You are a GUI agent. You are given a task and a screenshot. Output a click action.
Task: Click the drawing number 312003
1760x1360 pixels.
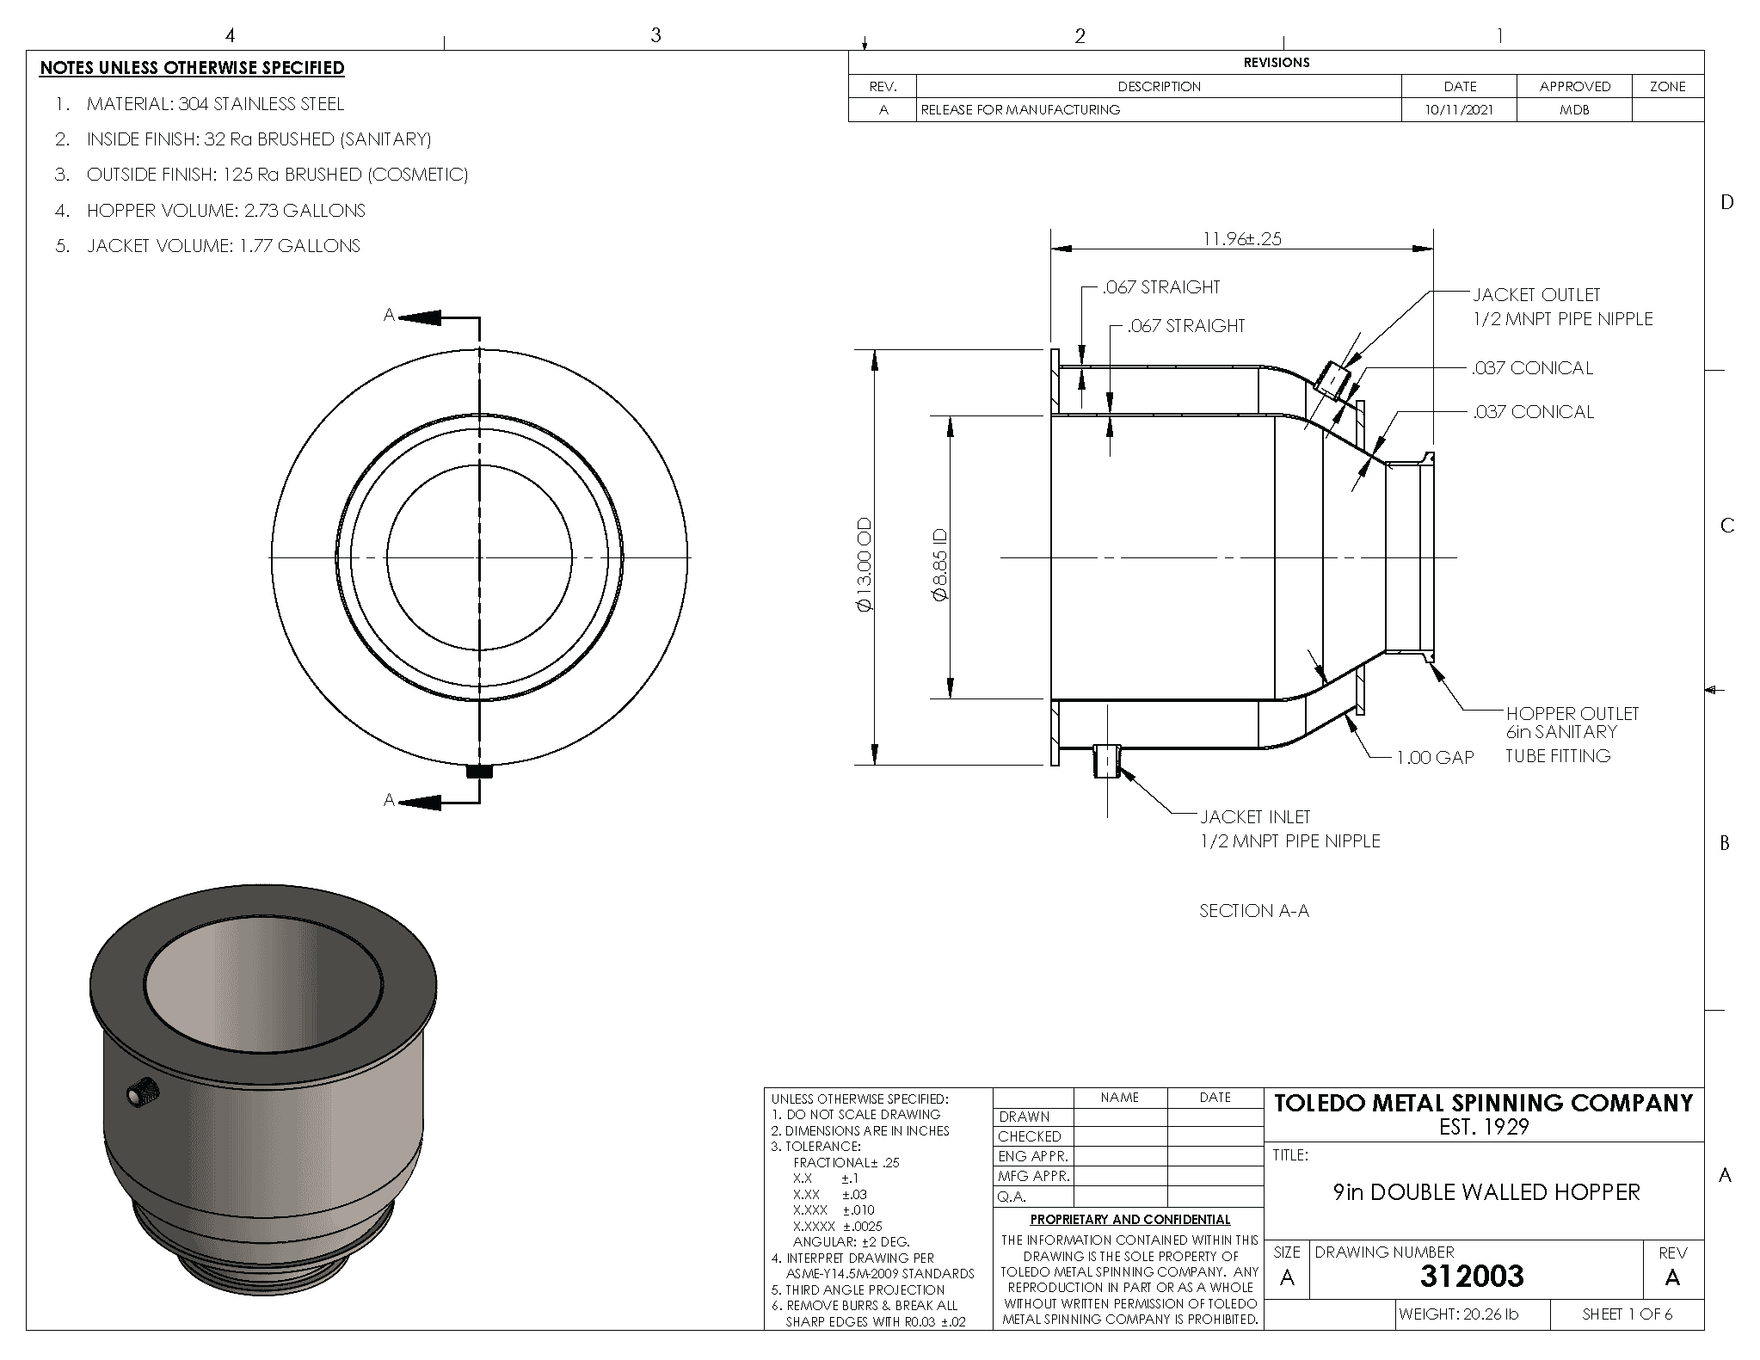point(1472,1277)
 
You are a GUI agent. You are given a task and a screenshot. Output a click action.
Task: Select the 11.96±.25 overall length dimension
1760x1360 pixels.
point(1241,238)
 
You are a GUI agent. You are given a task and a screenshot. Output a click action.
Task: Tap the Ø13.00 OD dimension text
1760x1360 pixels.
point(864,565)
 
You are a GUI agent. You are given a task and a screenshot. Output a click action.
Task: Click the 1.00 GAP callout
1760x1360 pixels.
point(1435,758)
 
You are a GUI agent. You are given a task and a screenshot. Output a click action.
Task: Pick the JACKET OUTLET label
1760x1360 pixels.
point(1536,294)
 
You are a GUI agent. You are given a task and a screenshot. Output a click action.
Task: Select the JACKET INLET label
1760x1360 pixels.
point(1255,816)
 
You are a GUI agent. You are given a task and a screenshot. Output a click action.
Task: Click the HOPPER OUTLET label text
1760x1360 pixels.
point(1572,713)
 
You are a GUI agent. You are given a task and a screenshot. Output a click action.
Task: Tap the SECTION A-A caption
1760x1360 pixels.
point(1254,910)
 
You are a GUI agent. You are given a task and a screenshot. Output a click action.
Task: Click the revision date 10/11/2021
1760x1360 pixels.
point(1460,110)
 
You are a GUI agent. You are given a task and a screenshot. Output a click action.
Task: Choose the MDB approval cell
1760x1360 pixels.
point(1574,110)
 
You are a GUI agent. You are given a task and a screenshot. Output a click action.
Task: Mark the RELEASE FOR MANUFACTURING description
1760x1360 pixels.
point(1020,110)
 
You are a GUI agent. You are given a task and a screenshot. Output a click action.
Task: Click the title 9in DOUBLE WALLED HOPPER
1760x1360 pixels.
point(1486,1192)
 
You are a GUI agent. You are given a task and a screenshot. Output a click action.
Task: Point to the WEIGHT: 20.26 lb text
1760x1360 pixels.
point(1458,1314)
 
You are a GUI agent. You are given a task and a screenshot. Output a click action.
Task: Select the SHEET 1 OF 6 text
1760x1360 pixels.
point(1628,1314)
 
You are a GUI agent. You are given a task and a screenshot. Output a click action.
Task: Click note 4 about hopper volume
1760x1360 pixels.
point(211,211)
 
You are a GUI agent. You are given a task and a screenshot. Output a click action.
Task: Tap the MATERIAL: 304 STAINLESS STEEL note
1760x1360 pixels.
point(200,104)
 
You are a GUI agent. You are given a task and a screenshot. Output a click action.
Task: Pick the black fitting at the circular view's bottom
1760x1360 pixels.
point(479,772)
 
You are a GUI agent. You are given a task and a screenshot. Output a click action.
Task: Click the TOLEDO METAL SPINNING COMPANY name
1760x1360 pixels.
point(1483,1104)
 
